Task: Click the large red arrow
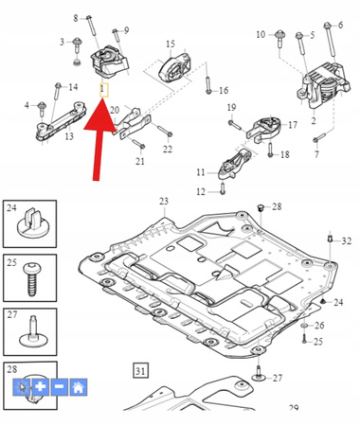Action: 99,135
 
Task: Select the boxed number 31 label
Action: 140,371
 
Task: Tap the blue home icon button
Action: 79,386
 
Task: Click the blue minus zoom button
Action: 60,386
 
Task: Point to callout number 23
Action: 164,202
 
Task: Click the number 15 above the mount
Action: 171,44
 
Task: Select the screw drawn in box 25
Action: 30,278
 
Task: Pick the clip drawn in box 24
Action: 30,222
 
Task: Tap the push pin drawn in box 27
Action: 32,331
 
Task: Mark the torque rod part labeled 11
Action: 234,164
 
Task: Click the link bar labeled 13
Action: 61,122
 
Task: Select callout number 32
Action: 347,241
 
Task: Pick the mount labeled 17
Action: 264,129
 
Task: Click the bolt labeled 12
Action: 223,188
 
